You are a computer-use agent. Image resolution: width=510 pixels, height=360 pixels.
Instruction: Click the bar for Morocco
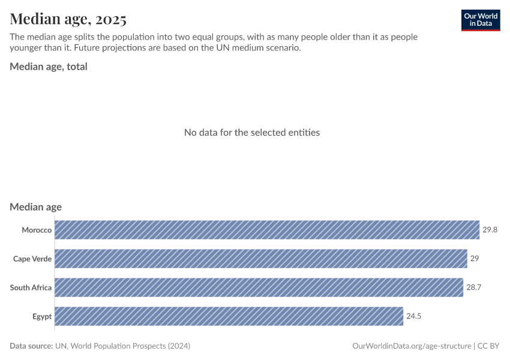[267, 230]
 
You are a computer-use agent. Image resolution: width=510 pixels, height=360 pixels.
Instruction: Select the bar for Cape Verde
[261, 259]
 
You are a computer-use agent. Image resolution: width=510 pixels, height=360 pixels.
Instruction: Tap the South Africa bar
[259, 287]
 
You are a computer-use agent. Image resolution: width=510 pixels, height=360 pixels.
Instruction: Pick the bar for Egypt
[229, 316]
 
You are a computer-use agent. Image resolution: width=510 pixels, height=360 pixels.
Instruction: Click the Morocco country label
[37, 230]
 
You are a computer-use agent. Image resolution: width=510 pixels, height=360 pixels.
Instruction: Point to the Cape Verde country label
[32, 259]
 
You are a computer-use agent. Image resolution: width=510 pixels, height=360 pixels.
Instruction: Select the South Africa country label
[31, 287]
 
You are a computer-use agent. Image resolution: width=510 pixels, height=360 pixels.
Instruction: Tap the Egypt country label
[42, 316]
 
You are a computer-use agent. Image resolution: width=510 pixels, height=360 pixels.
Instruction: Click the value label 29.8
[490, 230]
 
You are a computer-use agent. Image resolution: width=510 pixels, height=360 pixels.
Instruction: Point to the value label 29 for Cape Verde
[474, 259]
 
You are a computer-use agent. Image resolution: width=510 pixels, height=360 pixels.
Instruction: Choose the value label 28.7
[473, 287]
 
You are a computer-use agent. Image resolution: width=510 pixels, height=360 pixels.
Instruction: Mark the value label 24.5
[414, 316]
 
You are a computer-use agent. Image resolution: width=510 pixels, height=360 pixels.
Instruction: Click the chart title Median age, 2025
[68, 19]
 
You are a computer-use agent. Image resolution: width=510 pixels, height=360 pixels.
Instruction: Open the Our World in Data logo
[480, 20]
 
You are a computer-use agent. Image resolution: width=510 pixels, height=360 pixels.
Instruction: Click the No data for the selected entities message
[251, 132]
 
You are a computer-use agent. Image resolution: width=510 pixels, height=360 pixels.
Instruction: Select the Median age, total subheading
[49, 67]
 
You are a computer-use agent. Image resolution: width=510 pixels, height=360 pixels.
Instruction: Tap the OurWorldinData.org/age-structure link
[411, 346]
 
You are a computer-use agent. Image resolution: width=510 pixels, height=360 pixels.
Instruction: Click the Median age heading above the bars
[35, 207]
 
